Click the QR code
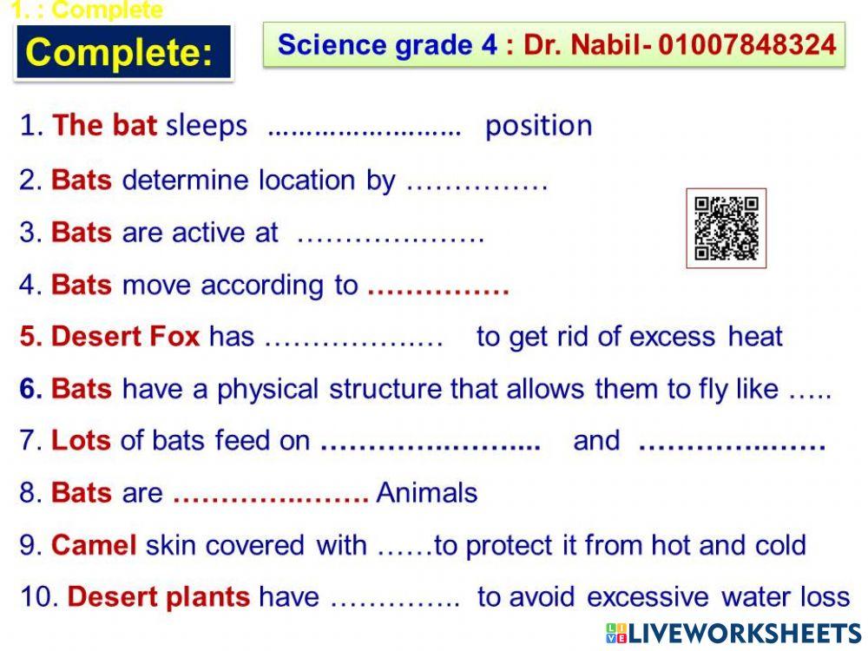726,228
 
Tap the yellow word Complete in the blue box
120,53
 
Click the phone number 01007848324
747,44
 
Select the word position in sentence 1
538,126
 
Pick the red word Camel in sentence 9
94,545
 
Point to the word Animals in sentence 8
427,493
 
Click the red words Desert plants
158,597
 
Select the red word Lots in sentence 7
81,441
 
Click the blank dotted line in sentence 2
477,182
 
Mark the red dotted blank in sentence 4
437,286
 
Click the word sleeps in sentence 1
207,126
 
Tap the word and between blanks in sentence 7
596,441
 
